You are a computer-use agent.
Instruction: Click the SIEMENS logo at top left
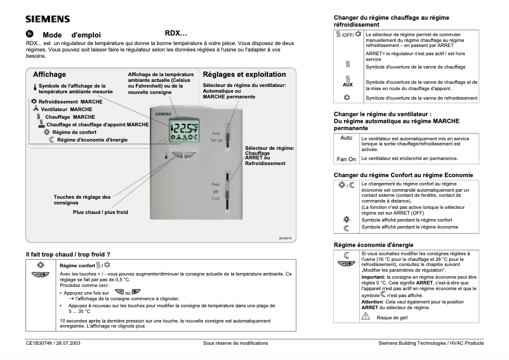click(48, 19)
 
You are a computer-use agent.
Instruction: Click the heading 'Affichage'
click(50, 74)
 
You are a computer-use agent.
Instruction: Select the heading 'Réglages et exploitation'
click(244, 74)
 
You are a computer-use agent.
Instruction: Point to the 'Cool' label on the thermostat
click(216, 198)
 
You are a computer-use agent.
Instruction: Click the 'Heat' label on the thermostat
click(216, 184)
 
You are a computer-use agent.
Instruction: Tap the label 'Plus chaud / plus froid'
click(100, 211)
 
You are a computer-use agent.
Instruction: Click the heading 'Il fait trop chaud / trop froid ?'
click(68, 254)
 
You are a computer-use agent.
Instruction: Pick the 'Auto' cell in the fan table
click(346, 138)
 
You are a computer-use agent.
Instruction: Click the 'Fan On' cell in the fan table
click(346, 159)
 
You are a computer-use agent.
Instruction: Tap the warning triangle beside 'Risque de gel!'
click(366, 316)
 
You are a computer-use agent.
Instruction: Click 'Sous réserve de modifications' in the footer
click(235, 343)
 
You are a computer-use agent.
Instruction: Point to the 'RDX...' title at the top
click(176, 33)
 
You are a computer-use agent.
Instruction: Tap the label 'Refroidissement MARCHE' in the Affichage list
click(70, 102)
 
